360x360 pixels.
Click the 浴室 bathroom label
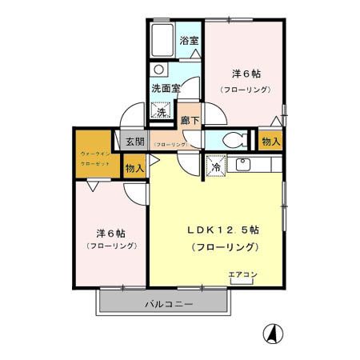point(189,40)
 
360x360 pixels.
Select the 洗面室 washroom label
point(166,88)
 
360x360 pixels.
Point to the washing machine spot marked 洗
point(162,111)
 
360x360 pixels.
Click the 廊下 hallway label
point(190,120)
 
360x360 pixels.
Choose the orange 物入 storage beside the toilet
point(270,141)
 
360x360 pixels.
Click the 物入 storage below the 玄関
point(134,168)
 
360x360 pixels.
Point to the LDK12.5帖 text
point(222,230)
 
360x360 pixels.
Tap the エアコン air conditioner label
point(242,274)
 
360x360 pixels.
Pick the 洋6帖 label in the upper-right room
point(246,73)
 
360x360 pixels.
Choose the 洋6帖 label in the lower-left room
point(110,233)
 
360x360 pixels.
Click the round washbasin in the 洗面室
point(158,70)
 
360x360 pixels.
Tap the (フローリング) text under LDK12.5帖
point(224,247)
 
